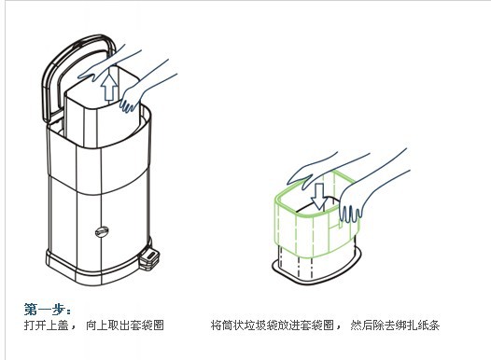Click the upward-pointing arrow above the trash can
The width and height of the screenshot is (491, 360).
point(109,86)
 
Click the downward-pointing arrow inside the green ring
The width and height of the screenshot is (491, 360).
point(319,197)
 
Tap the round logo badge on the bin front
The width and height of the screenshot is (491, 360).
point(102,232)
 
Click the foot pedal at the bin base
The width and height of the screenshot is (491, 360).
point(149,259)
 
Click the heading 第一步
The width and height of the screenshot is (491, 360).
point(48,310)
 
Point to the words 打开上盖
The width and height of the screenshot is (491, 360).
point(47,325)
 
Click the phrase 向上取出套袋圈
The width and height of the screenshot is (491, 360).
point(125,325)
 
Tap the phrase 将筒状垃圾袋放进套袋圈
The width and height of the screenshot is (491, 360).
point(273,325)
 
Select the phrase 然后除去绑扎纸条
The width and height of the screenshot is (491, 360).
point(395,325)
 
